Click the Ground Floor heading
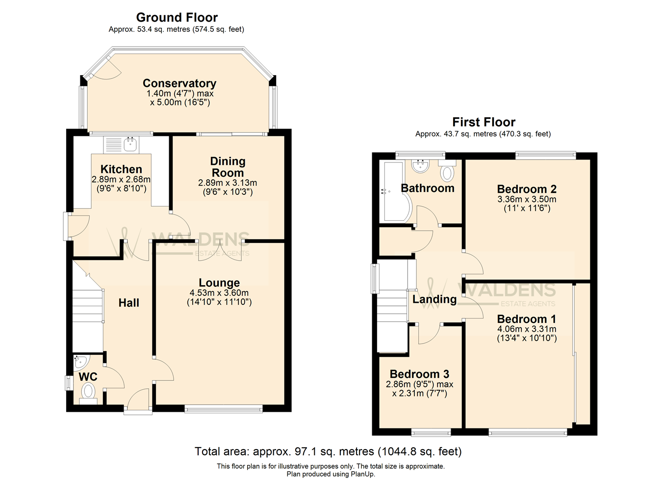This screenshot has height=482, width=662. pyautogui.click(x=177, y=18)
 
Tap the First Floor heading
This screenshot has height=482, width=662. pyautogui.click(x=484, y=122)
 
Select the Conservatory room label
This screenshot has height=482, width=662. pyautogui.click(x=179, y=83)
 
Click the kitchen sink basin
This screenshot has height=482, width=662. pyautogui.click(x=130, y=145)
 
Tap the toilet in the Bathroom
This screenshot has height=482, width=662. pyautogui.click(x=447, y=171)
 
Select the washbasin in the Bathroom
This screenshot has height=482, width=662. pyautogui.click(x=420, y=166)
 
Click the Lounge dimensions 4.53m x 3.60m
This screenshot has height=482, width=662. pyautogui.click(x=219, y=293)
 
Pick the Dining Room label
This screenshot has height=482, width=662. pyautogui.click(x=228, y=167)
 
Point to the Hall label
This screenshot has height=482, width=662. pyautogui.click(x=128, y=303)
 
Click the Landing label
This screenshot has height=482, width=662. pyautogui.click(x=434, y=299)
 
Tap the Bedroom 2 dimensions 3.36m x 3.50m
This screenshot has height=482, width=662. pyautogui.click(x=527, y=199)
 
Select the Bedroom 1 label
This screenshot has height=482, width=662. pyautogui.click(x=526, y=319)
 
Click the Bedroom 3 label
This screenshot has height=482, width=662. pyautogui.click(x=419, y=374)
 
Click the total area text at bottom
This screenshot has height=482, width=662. pyautogui.click(x=328, y=452)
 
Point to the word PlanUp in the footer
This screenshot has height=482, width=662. pyautogui.click(x=362, y=474)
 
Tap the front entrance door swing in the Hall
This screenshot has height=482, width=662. pyautogui.click(x=138, y=400)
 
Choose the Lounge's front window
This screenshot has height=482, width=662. pyautogui.click(x=224, y=409)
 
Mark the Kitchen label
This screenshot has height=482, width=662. pyautogui.click(x=121, y=169)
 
